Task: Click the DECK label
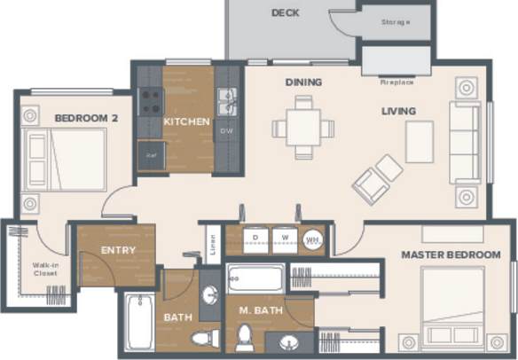point(286,12)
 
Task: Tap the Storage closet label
point(395,22)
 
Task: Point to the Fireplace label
point(396,82)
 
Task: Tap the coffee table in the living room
point(420,142)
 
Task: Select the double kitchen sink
point(227,101)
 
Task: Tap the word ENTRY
point(118,250)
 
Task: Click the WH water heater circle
point(312,239)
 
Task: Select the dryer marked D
point(255,238)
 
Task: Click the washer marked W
point(285,238)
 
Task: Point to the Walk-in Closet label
point(45,269)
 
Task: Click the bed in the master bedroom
point(457,301)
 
